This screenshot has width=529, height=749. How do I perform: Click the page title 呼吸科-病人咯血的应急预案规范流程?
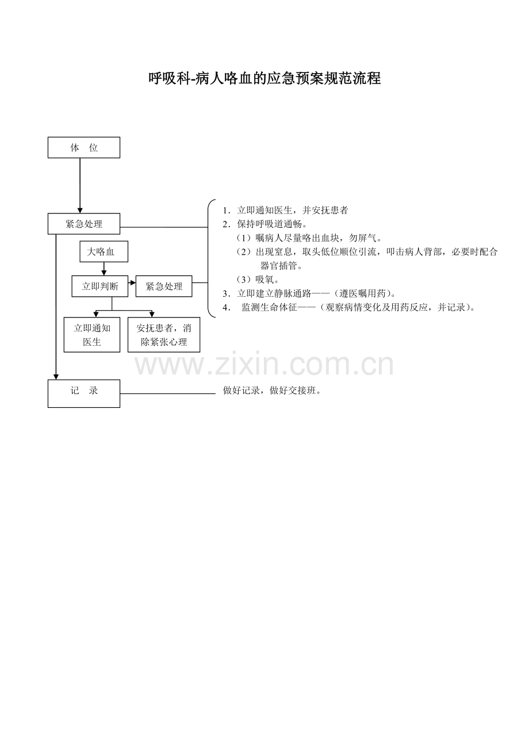click(x=264, y=79)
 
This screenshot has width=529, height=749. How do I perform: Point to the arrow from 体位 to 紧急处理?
click(x=80, y=186)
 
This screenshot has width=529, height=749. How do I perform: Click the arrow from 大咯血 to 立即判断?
click(x=104, y=269)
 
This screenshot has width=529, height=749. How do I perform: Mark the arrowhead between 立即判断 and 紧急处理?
click(x=133, y=283)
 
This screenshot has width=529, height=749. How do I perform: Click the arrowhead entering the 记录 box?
click(x=56, y=377)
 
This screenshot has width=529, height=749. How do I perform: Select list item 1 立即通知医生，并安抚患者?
click(x=286, y=210)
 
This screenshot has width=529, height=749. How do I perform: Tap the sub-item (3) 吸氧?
click(x=258, y=279)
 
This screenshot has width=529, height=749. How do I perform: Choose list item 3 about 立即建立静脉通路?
click(x=309, y=293)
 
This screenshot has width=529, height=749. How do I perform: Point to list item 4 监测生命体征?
click(x=349, y=307)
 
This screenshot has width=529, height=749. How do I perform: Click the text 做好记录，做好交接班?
click(x=272, y=390)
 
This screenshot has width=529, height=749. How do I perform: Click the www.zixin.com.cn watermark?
click(x=264, y=364)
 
